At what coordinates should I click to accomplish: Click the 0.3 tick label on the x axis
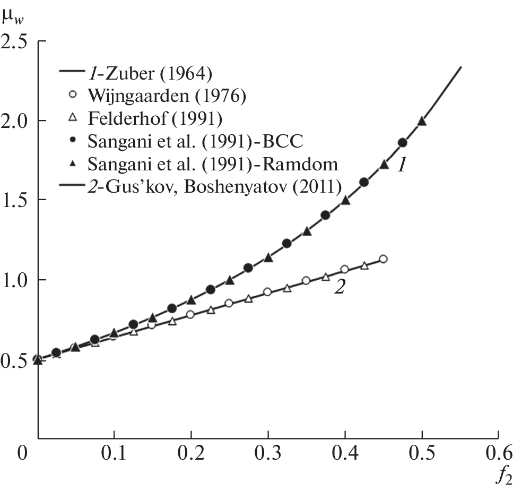[267, 454]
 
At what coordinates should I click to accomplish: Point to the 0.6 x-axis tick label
[498, 454]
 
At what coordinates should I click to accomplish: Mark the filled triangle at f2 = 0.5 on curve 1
[422, 121]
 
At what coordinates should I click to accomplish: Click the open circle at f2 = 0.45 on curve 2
[383, 259]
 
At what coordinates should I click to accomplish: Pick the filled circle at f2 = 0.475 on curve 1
[403, 142]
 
